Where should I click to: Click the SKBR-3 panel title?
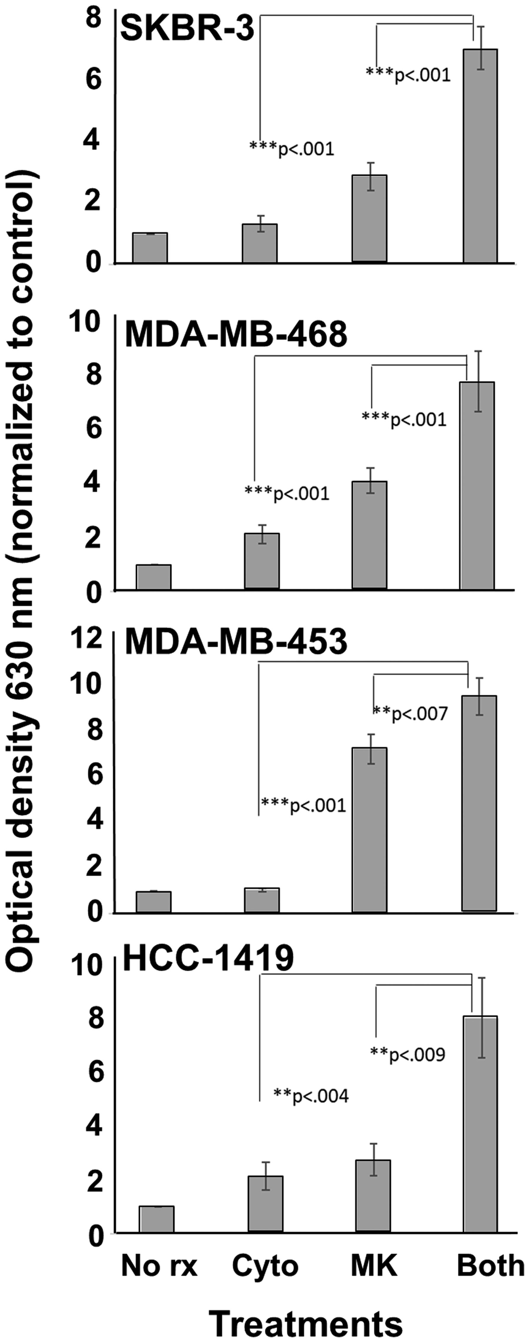[187, 30]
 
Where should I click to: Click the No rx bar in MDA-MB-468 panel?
[154, 577]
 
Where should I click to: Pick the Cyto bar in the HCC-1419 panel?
[265, 1203]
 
